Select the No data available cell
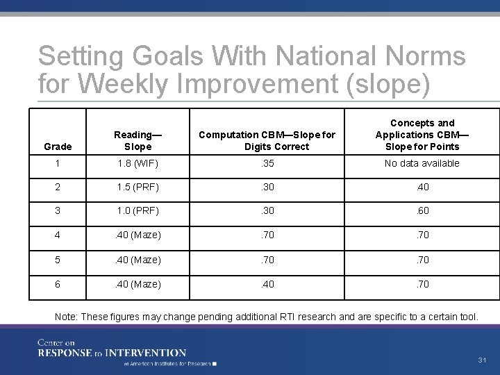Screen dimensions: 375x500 [x=422, y=164]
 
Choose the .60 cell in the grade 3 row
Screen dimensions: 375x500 [x=422, y=211]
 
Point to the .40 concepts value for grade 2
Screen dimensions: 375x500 [x=422, y=187]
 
